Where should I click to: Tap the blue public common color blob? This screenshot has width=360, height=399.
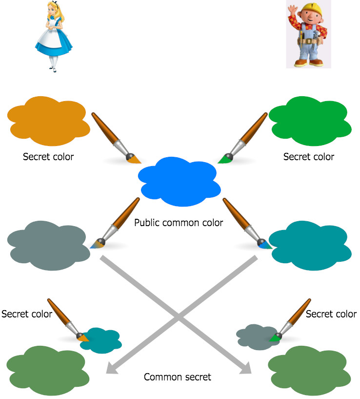point(180,182)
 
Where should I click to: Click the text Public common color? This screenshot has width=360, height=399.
point(179,223)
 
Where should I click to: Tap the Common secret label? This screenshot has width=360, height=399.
point(178,377)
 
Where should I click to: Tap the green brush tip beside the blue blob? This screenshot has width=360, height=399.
point(224,159)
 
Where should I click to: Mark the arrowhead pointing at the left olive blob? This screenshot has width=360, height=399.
point(111,370)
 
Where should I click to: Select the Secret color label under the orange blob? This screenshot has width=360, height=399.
point(48,157)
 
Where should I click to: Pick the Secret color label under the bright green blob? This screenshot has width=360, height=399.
point(309,157)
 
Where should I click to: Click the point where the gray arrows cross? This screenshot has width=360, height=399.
point(179,317)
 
